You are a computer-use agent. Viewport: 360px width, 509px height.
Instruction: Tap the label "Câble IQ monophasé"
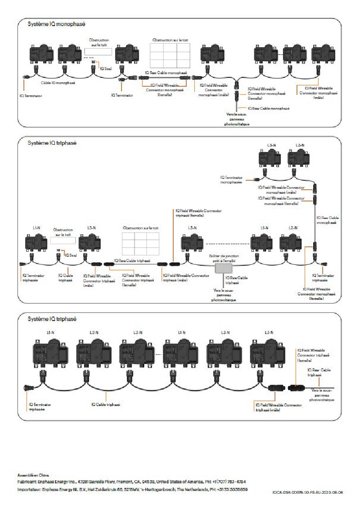[58, 83]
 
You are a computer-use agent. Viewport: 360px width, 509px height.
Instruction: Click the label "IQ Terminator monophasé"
[231, 180]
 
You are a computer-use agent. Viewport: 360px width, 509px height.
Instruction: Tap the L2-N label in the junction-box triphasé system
[292, 228]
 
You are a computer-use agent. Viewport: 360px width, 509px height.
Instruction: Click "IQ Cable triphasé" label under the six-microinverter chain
[106, 405]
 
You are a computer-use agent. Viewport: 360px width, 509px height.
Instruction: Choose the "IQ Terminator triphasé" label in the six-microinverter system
[40, 407]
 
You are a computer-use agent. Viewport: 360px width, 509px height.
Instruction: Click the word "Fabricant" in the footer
[26, 482]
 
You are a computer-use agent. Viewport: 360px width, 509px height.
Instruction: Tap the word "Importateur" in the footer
[28, 489]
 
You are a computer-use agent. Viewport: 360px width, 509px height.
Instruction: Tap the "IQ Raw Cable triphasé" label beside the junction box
[238, 281]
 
